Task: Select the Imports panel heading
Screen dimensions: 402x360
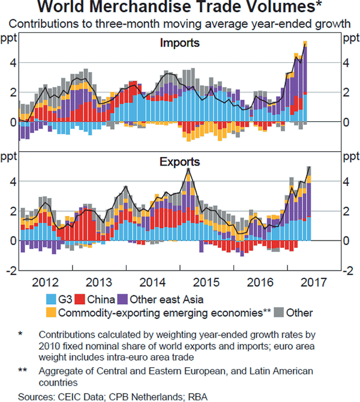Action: (179, 43)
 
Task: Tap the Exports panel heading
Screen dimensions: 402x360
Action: (179, 161)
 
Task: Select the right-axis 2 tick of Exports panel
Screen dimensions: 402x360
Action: (347, 211)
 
